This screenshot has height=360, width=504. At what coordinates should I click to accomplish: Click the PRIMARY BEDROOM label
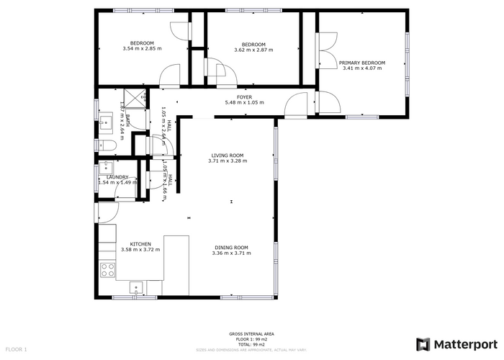[x=362, y=63]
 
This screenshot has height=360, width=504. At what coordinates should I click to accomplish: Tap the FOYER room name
[x=245, y=96]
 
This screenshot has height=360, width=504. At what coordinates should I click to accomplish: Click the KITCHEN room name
[x=140, y=243]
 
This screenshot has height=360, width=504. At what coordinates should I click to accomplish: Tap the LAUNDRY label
[x=117, y=176]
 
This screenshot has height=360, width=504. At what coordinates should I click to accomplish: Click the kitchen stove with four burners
[x=107, y=270]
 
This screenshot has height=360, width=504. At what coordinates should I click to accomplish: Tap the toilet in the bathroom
[x=107, y=145]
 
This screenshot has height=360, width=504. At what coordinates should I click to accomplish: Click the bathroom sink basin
[x=104, y=120]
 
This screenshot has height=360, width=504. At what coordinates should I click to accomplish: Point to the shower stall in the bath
[x=135, y=96]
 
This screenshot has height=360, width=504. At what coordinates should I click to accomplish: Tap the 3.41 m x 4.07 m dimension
[x=362, y=68]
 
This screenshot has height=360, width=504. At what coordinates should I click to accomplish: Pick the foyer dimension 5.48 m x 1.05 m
[x=245, y=102]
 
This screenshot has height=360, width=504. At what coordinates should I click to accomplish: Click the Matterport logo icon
[x=423, y=344]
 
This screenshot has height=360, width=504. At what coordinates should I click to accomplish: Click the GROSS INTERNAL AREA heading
[x=251, y=334]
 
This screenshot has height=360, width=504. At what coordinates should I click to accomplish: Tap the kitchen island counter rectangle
[x=176, y=264]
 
